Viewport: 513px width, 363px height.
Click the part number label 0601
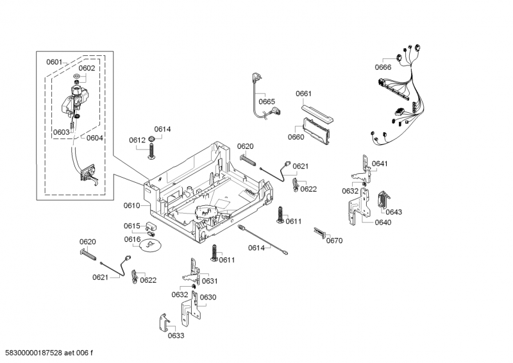(x=54, y=62)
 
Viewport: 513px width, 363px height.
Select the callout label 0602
(x=87, y=68)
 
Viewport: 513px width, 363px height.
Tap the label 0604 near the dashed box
(x=94, y=137)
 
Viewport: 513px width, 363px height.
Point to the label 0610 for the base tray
(x=131, y=205)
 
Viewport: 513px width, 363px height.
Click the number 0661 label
(x=303, y=94)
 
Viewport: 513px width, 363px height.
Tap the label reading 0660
(x=296, y=136)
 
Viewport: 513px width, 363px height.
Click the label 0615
(x=131, y=226)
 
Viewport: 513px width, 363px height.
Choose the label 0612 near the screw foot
(x=137, y=140)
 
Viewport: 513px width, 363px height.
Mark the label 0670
(x=334, y=241)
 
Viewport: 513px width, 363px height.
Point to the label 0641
(x=380, y=164)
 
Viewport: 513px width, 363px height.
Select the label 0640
(x=382, y=223)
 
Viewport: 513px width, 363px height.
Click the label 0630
(x=208, y=297)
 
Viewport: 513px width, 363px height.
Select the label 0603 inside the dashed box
(x=62, y=132)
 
